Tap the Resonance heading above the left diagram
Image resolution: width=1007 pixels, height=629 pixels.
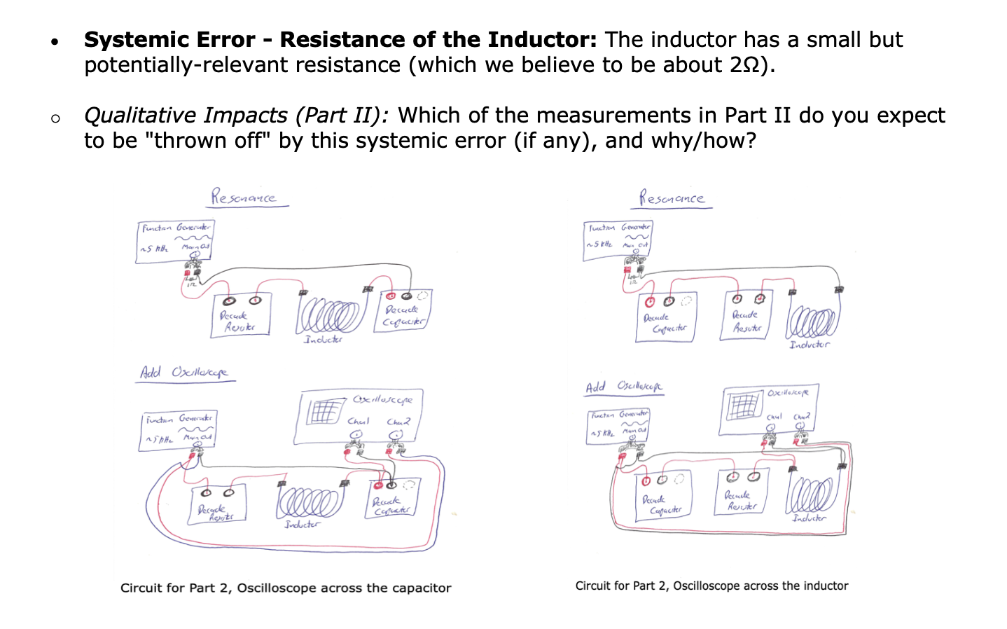tap(244, 197)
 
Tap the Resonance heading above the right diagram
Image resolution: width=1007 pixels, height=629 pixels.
tap(672, 198)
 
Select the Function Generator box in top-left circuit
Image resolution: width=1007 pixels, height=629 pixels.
tap(174, 241)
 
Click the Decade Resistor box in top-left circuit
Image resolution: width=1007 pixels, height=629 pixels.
tap(240, 317)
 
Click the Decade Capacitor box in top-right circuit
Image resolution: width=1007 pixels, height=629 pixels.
tap(665, 319)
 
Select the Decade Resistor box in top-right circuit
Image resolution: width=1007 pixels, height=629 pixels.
tap(746, 317)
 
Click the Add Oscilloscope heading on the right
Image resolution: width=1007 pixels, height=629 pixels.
tap(624, 387)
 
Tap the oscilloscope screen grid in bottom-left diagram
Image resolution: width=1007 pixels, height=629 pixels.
tap(324, 412)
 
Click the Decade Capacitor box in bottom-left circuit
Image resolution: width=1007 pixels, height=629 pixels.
tap(391, 500)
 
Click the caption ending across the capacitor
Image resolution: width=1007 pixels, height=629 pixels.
tap(286, 588)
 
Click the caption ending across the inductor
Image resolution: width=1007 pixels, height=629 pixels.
tap(711, 586)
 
